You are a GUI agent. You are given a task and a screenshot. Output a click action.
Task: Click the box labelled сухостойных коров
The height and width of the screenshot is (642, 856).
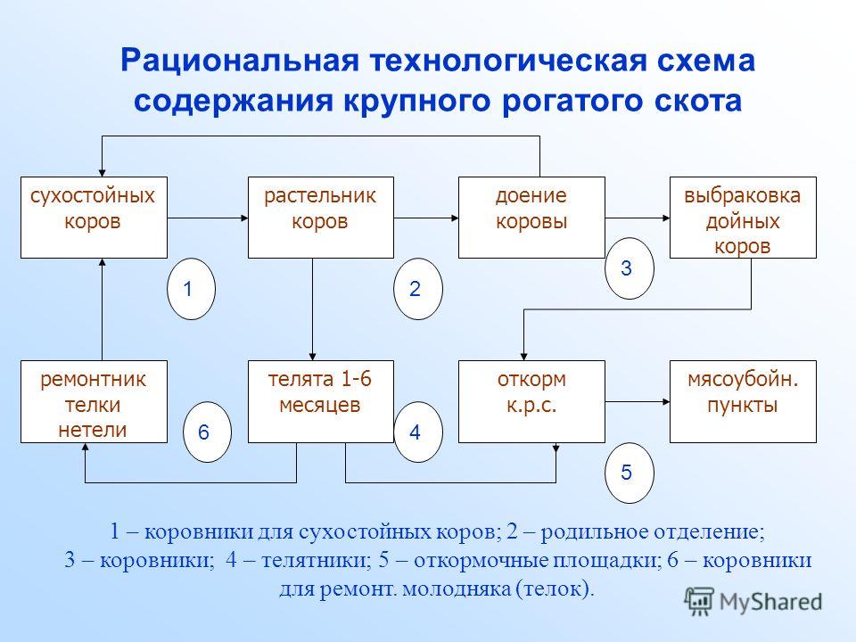pyautogui.click(x=94, y=218)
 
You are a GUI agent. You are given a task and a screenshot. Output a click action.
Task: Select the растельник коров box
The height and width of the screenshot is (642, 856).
pyautogui.click(x=321, y=218)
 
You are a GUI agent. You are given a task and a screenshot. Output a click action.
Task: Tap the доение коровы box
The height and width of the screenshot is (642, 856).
pyautogui.click(x=531, y=218)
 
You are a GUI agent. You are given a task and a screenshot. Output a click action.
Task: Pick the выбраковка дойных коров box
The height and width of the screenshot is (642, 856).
pyautogui.click(x=743, y=218)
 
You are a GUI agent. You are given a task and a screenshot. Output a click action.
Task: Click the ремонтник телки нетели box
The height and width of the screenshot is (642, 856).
pyautogui.click(x=94, y=401)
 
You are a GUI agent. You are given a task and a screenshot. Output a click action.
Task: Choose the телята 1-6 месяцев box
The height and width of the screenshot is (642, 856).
pyautogui.click(x=321, y=401)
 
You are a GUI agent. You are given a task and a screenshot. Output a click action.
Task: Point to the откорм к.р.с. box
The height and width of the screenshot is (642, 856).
pyautogui.click(x=531, y=401)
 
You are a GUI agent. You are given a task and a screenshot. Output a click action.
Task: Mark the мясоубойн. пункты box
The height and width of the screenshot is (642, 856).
pyautogui.click(x=743, y=401)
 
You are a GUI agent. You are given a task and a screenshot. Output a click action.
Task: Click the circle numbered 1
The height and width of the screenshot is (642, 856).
pyautogui.click(x=191, y=289)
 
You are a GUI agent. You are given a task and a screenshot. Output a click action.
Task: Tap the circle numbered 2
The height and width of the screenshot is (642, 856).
pyautogui.click(x=418, y=289)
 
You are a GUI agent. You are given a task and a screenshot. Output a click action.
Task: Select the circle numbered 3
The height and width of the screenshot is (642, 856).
pyautogui.click(x=630, y=268)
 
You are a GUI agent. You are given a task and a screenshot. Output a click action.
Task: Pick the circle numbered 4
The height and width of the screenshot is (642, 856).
pyautogui.click(x=418, y=432)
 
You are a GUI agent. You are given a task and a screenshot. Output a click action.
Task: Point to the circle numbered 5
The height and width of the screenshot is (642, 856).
pyautogui.click(x=630, y=473)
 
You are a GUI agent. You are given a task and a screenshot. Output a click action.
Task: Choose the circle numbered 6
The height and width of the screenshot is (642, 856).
pyautogui.click(x=207, y=432)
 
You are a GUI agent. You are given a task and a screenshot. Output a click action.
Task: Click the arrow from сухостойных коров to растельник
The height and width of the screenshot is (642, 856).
pyautogui.click(x=208, y=218)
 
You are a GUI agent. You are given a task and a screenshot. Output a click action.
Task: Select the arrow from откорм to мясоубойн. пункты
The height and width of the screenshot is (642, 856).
pyautogui.click(x=637, y=402)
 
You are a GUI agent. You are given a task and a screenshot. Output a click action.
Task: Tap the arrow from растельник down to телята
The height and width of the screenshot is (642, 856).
pyautogui.click(x=313, y=309)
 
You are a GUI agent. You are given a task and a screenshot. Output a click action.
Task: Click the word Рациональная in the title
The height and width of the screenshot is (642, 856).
pyautogui.click(x=240, y=61)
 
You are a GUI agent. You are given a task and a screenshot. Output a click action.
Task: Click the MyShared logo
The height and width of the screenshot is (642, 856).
pyautogui.click(x=754, y=602)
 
